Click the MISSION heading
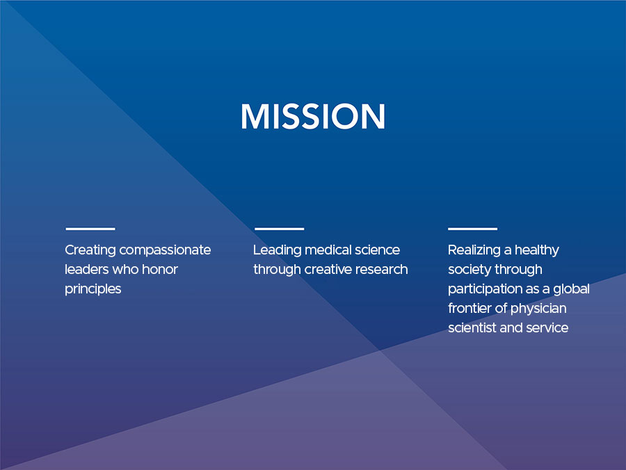point(313,116)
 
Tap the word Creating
point(90,250)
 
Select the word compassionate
point(166,250)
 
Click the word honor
point(160,269)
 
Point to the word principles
point(93,289)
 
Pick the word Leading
point(278,250)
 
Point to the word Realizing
point(474,250)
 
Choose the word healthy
point(537,250)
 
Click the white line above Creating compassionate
point(90,229)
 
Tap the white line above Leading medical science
point(279,229)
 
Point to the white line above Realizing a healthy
point(473,229)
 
